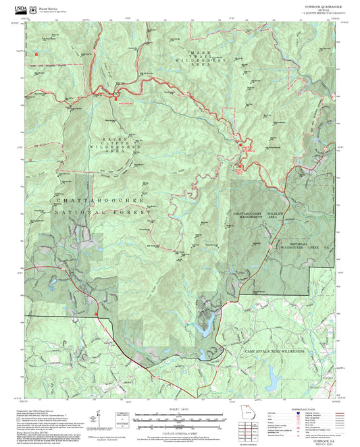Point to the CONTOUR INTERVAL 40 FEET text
click(x=179, y=429)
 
